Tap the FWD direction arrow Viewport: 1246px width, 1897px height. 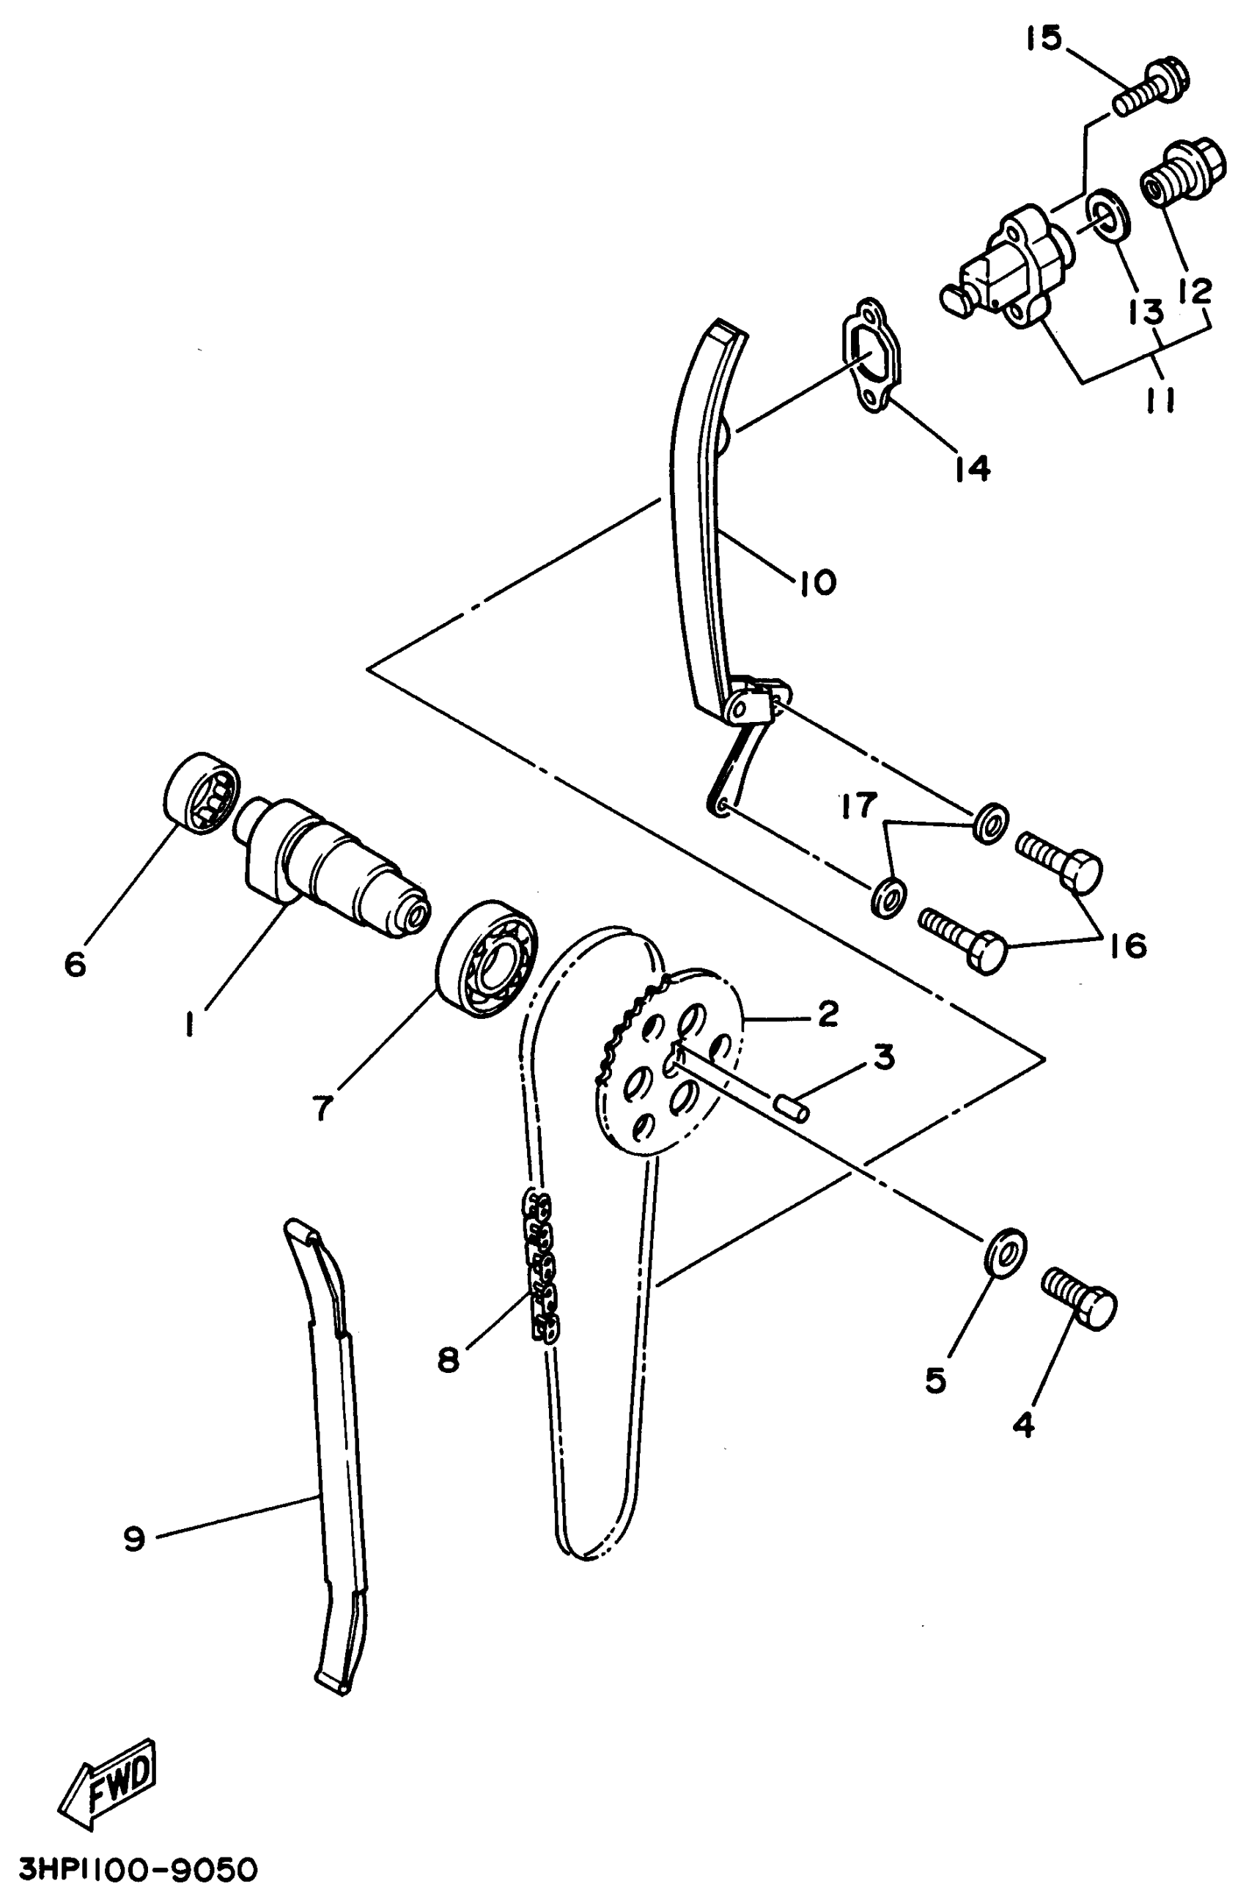click(x=108, y=1772)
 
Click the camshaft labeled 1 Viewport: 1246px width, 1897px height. click(x=335, y=869)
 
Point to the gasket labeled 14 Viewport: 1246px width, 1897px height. click(x=871, y=355)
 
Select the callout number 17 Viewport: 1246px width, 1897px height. click(x=858, y=806)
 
